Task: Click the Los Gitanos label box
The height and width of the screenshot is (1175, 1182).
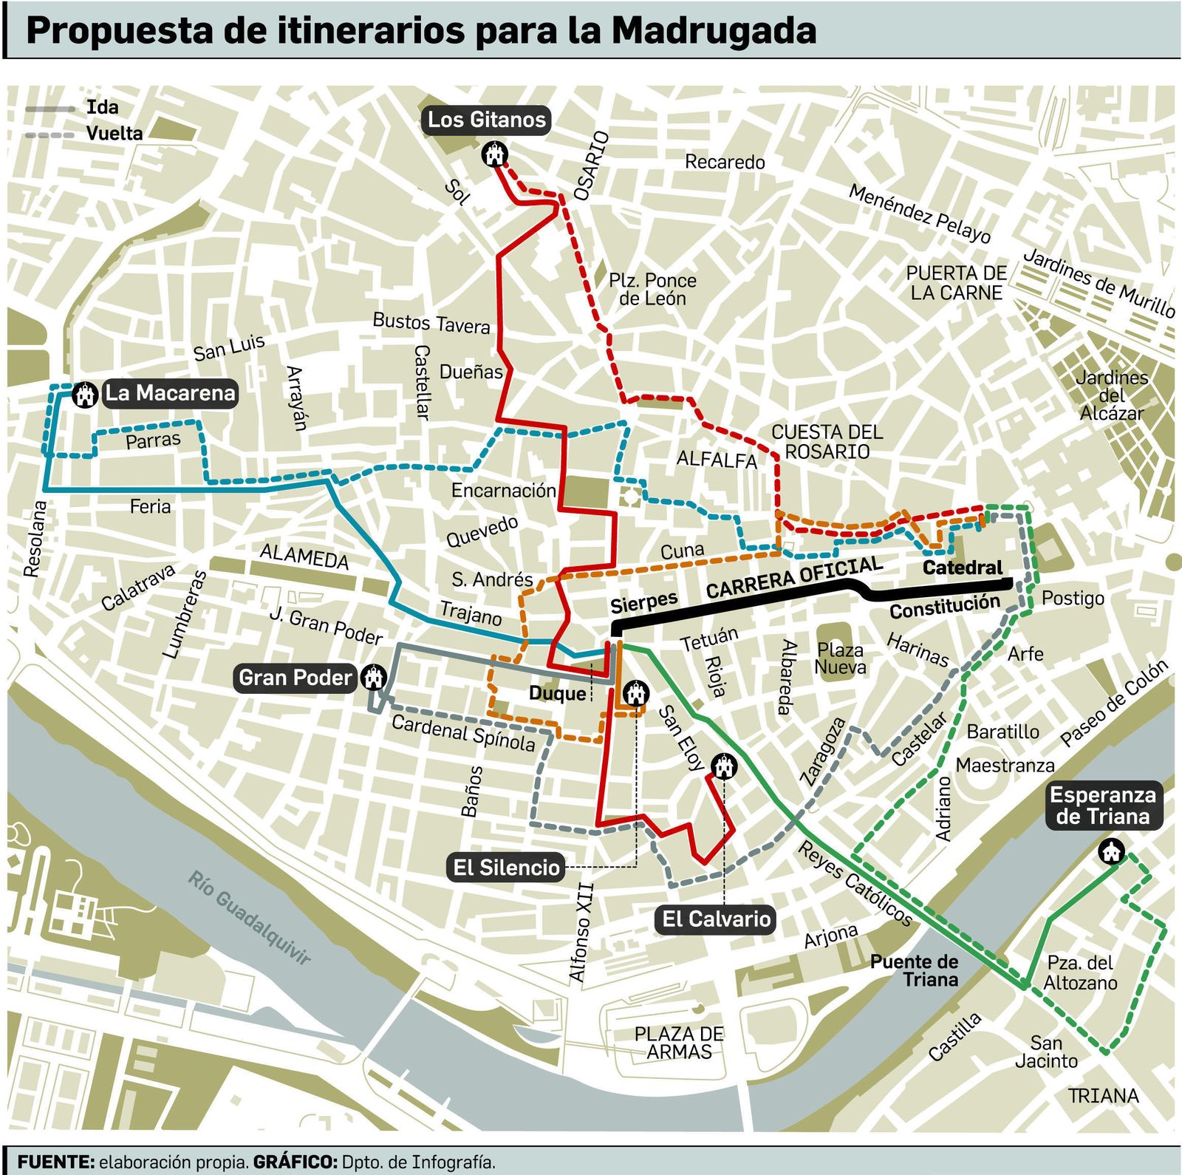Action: [x=486, y=120]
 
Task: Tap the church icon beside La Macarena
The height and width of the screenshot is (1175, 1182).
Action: [x=86, y=395]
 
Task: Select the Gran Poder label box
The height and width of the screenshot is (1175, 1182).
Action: [x=295, y=678]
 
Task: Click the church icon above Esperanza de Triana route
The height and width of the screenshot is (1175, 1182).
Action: [x=1110, y=851]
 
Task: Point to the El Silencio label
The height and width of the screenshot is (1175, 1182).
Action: [x=506, y=867]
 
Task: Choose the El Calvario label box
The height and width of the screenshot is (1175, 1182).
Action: [x=716, y=919]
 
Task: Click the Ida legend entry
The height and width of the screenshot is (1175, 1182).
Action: [x=102, y=107]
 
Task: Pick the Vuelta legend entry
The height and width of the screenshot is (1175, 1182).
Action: [x=114, y=134]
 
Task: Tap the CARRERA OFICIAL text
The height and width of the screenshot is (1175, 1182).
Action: [x=794, y=577]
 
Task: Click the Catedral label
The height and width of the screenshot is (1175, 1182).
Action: [x=962, y=568]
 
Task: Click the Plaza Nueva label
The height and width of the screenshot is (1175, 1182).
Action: [x=840, y=658]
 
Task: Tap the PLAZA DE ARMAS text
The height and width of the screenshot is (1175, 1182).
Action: [x=679, y=1043]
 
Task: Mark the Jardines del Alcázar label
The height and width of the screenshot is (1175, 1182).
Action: [x=1111, y=395]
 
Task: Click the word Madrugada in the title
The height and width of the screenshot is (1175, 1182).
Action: [x=714, y=31]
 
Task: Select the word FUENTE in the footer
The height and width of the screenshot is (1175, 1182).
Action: [x=55, y=1162]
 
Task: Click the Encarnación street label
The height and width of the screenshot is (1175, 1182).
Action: [x=503, y=490]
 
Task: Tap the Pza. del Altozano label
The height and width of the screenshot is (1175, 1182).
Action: [x=1079, y=973]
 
